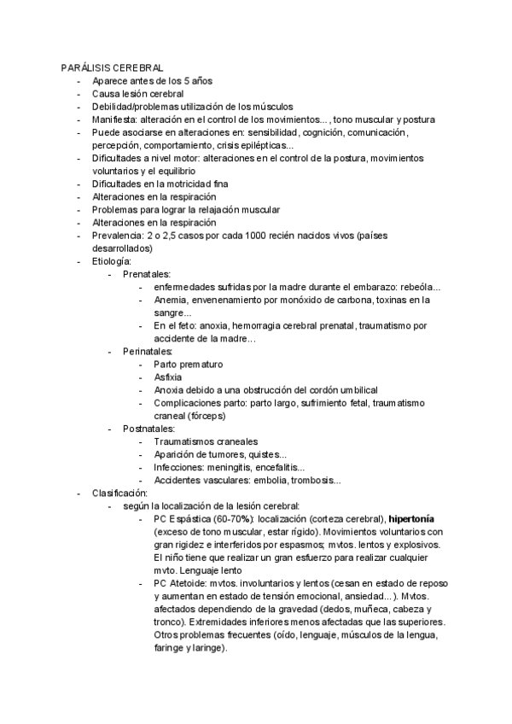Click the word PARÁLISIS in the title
click(83, 67)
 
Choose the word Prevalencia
click(118, 235)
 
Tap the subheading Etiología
click(112, 260)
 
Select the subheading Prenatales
click(147, 274)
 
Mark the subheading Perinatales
click(148, 351)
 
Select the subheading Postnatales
click(148, 428)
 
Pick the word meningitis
click(236, 467)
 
